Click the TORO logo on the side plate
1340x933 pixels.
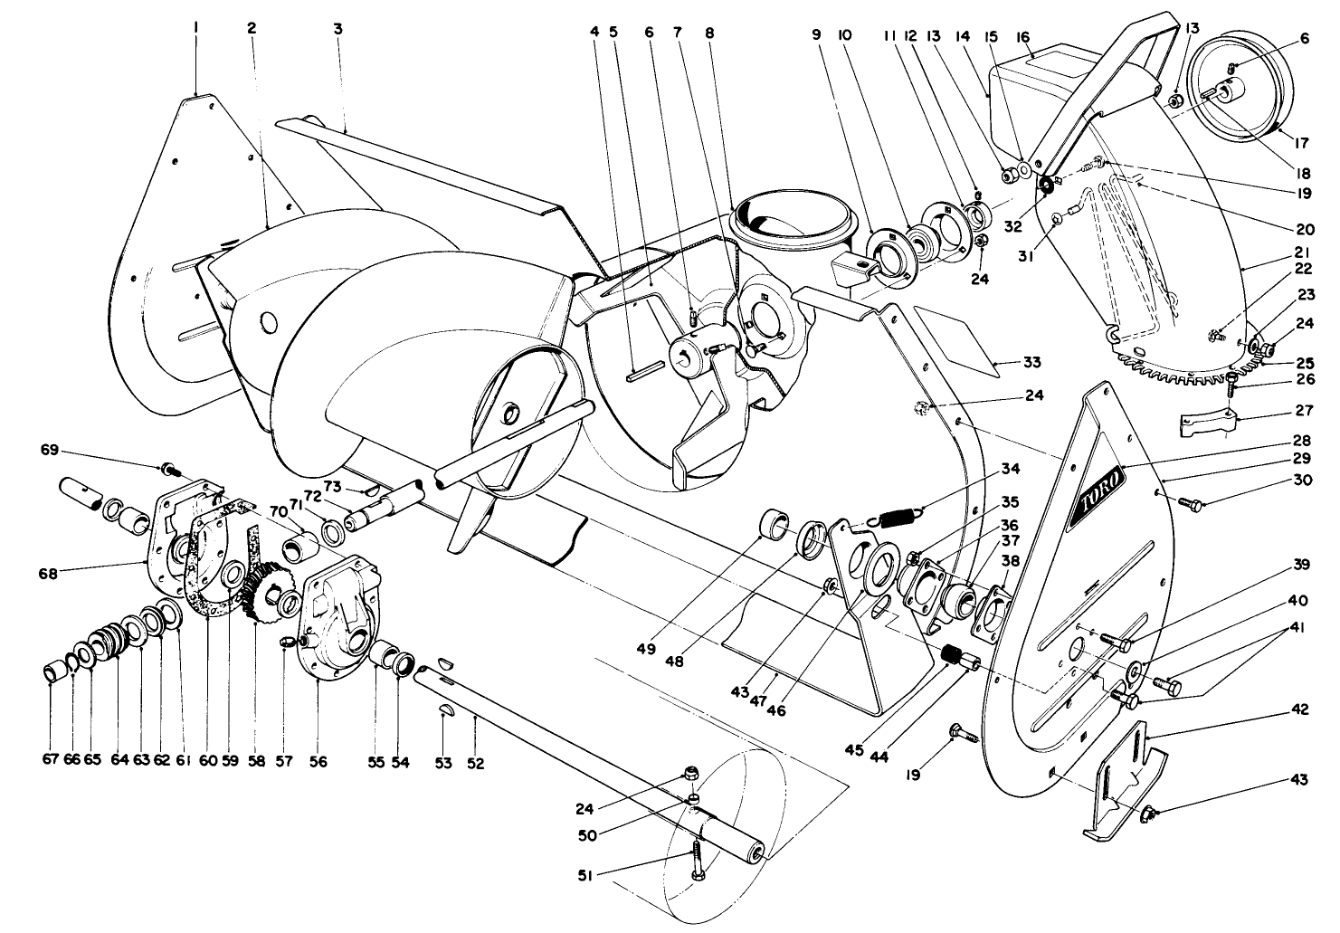coord(1097,497)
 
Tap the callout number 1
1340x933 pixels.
coord(195,28)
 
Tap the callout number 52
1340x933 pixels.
coord(476,763)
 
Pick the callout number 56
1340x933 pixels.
coord(318,762)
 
